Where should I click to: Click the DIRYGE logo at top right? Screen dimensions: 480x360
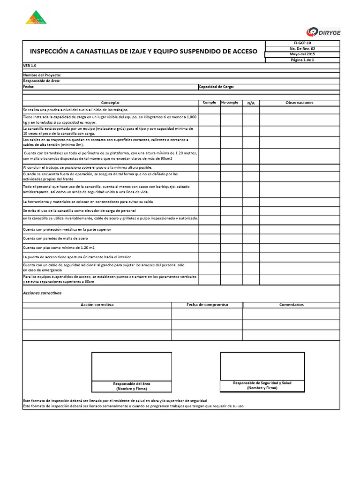coord(323,31)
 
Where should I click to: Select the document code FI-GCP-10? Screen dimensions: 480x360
coord(302,43)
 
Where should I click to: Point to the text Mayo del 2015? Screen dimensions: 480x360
coord(302,54)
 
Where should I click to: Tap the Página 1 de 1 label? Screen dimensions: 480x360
coord(302,60)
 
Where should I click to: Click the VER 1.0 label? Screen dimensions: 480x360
coord(30,66)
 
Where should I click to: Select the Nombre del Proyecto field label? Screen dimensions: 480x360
coord(42,75)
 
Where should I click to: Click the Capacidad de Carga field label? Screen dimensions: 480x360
coord(216,87)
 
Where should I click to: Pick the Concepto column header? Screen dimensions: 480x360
coord(110,103)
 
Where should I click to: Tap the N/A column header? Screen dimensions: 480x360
coord(251,103)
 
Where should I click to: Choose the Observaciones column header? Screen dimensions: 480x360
coord(300,103)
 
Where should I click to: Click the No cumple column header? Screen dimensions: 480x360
coord(230,102)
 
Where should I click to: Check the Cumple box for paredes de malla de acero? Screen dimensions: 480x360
coord(209,238)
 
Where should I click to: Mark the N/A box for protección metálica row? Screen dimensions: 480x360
coord(251,229)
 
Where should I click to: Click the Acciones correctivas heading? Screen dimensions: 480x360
coord(42,293)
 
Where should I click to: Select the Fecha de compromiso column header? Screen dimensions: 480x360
coord(207,305)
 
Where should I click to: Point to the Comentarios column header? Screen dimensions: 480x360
coord(292,305)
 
